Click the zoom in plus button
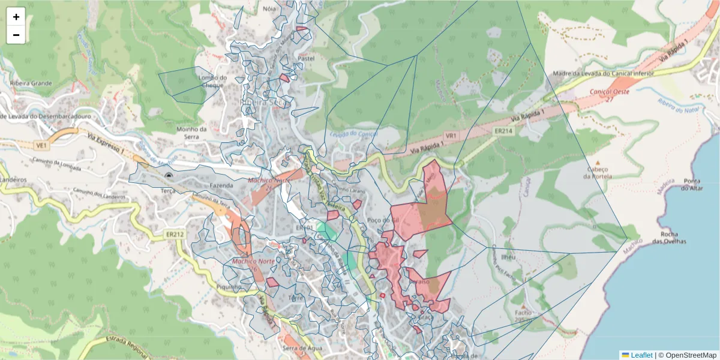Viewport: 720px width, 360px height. click(x=16, y=17)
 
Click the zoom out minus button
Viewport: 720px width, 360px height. click(x=16, y=35)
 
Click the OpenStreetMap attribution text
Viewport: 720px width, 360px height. click(x=687, y=355)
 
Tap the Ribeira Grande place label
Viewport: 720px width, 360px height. click(x=31, y=83)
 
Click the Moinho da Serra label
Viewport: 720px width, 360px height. click(x=191, y=133)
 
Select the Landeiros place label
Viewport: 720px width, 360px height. click(x=13, y=179)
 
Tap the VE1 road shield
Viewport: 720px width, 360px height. click(x=41, y=145)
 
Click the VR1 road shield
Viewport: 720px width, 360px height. click(x=451, y=136)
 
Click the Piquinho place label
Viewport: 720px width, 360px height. click(x=228, y=287)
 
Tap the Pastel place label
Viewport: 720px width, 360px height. click(x=307, y=59)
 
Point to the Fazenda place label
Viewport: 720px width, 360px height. click(x=221, y=186)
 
